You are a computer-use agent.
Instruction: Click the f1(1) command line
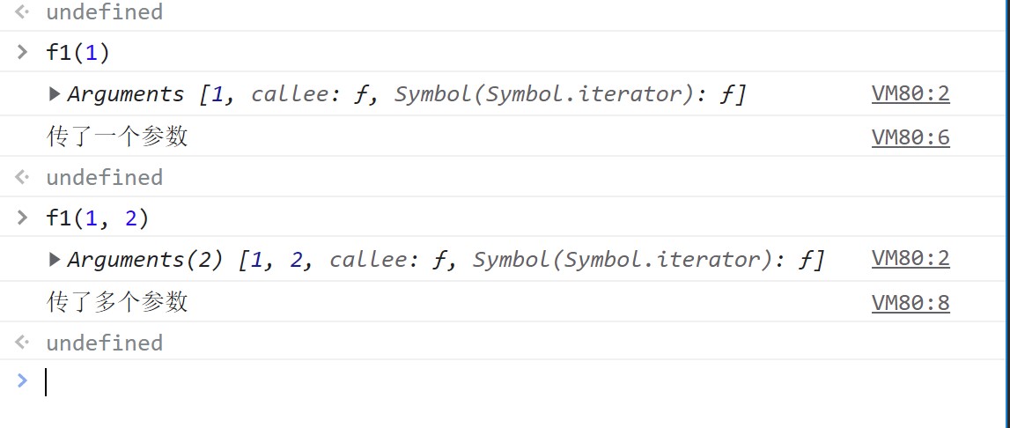click(x=78, y=52)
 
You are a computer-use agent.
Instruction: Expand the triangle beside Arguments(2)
click(x=55, y=260)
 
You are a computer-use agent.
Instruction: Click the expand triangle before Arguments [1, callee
click(x=55, y=94)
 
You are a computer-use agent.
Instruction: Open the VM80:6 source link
click(x=910, y=137)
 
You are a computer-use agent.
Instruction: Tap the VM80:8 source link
click(x=910, y=302)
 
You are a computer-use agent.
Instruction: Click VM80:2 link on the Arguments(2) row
click(x=910, y=259)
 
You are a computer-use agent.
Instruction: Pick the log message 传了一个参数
click(x=117, y=137)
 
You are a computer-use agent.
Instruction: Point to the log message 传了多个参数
click(x=117, y=302)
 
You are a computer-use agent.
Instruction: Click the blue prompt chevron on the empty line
click(x=22, y=380)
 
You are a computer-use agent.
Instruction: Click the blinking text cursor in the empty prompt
click(x=46, y=381)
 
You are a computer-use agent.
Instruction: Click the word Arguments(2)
click(x=145, y=259)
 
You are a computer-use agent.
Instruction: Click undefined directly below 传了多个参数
click(x=105, y=343)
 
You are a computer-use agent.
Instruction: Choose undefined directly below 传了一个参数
click(x=105, y=177)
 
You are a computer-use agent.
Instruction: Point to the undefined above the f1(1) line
click(x=105, y=11)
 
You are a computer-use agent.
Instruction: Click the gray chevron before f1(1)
click(x=23, y=52)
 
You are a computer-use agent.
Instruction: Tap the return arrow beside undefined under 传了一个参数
click(x=22, y=177)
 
